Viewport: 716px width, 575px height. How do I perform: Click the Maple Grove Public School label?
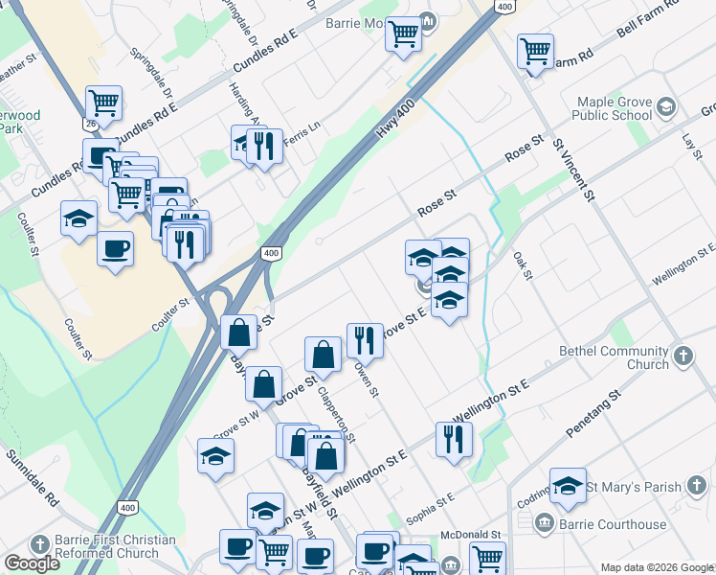(x=613, y=108)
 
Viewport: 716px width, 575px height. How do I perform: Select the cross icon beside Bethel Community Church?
(x=682, y=357)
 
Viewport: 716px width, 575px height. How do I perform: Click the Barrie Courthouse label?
(x=614, y=524)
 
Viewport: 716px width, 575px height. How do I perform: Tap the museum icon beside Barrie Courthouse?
(x=544, y=523)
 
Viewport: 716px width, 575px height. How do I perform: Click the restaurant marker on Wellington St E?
(x=452, y=437)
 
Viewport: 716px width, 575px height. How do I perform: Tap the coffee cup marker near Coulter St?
(x=115, y=249)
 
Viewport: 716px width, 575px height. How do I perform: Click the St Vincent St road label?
(x=574, y=170)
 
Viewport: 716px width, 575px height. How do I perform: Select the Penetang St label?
(x=593, y=414)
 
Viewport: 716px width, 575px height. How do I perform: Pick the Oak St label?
(x=522, y=260)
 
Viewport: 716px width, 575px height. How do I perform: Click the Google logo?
(x=32, y=563)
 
